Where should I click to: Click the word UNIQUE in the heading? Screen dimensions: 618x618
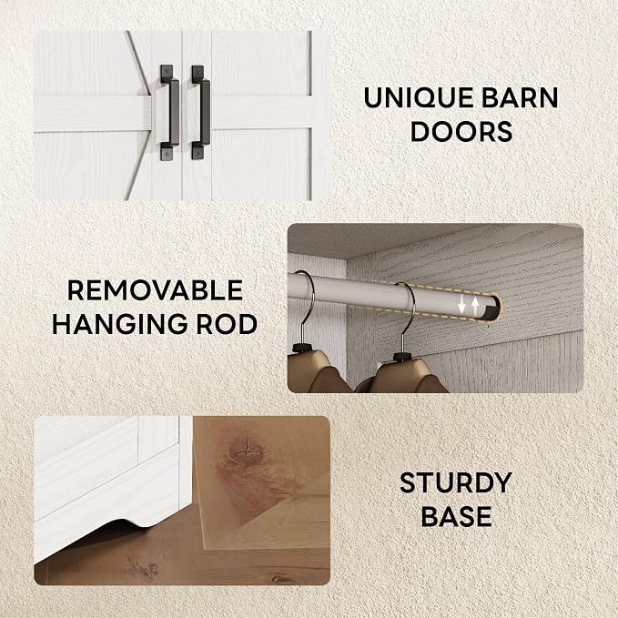pos(420,97)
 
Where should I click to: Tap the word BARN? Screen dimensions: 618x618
pos(520,97)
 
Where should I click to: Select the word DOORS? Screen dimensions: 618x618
pos(461,131)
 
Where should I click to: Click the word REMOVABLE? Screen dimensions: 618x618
pos(155,290)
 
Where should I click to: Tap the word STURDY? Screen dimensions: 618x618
pos(456,482)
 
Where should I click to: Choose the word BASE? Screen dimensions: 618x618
pos(456,516)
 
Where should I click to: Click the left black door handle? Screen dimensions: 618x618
pos(170,113)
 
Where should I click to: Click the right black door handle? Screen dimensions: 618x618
pos(201,113)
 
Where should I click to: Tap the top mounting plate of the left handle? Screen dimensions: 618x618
pos(167,74)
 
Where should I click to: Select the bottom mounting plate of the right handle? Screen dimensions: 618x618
pos(198,151)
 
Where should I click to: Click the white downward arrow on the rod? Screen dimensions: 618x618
pos(462,305)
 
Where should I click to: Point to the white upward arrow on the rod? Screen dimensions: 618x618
pos(475,307)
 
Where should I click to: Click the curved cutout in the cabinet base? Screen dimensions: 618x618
pos(130,524)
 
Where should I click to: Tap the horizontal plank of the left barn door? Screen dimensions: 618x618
pos(93,114)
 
